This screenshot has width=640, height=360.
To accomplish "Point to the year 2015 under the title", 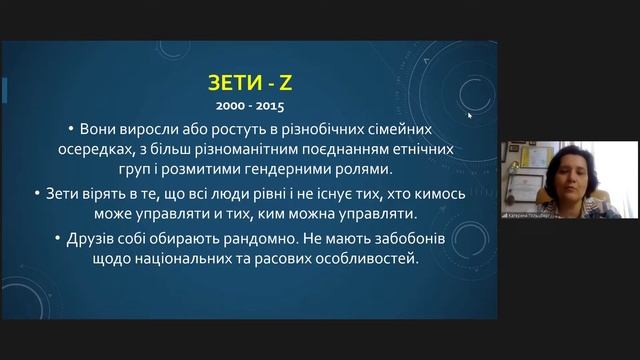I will point(266,104).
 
